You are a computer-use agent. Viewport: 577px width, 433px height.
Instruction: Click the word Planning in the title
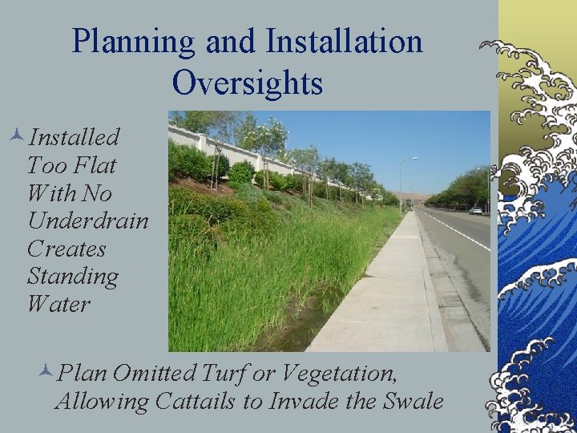click(127, 42)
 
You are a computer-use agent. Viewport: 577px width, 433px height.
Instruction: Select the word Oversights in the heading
click(247, 83)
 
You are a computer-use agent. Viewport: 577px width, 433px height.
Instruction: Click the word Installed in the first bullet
click(74, 137)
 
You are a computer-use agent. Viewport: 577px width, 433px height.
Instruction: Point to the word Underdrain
click(87, 221)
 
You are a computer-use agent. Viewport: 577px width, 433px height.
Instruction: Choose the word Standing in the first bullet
click(72, 277)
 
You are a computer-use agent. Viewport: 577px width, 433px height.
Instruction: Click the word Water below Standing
click(59, 305)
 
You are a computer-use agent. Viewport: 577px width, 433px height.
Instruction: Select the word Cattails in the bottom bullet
click(204, 401)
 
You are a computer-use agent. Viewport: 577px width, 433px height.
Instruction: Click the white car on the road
click(476, 211)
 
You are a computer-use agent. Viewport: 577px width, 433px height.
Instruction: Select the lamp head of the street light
click(414, 159)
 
